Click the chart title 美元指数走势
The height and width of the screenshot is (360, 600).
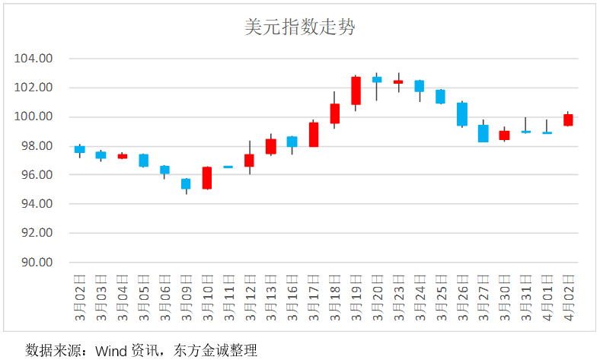(x=300, y=28)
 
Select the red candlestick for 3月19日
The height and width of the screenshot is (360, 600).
(x=356, y=91)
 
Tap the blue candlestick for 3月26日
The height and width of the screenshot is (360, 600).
(x=461, y=114)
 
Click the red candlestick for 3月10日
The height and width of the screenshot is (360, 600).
(x=207, y=177)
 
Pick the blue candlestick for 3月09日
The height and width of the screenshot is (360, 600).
(x=186, y=183)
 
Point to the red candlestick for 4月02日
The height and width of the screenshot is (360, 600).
(x=568, y=119)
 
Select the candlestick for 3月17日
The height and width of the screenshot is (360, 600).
(x=314, y=134)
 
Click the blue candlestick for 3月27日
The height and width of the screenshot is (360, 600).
(x=483, y=133)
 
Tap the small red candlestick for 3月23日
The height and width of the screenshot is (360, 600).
(x=398, y=81)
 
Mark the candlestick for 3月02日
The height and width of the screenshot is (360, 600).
(x=80, y=149)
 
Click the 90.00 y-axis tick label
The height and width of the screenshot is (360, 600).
(x=37, y=263)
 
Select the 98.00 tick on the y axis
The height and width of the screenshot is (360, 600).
(x=37, y=146)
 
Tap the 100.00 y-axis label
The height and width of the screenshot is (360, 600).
(x=34, y=117)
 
